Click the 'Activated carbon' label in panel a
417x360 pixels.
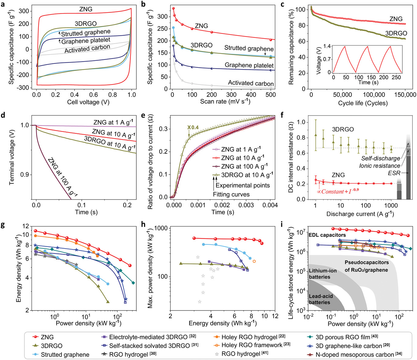pos(87,49)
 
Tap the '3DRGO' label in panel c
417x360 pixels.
pos(396,33)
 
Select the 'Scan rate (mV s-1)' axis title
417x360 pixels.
pos(225,101)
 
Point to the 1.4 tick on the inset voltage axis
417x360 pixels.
pos(327,46)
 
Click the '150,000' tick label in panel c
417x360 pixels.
pos(405,95)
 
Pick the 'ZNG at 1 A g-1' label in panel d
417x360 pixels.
pos(113,122)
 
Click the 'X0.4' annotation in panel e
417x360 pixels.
pos(193,127)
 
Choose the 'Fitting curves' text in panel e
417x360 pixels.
pos(231,194)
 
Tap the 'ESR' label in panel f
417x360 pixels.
pos(394,173)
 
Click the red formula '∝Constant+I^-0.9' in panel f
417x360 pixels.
pos(338,192)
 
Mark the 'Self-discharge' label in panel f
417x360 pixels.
pos(380,158)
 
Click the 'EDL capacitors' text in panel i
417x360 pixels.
pos(327,235)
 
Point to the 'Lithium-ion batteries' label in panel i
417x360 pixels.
pos(323,274)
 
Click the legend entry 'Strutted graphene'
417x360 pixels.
pos(65,354)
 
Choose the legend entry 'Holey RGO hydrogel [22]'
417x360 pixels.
pos(253,337)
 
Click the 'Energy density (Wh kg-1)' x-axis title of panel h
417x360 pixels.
pos(223,323)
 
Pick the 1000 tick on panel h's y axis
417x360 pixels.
pos(161,228)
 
